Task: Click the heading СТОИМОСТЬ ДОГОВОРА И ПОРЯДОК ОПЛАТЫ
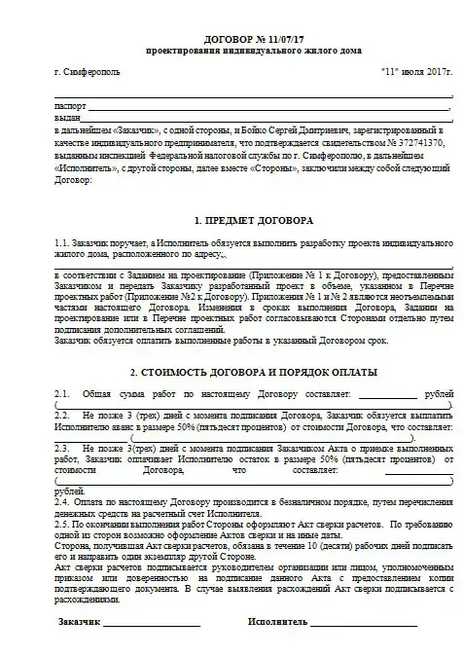pyautogui.click(x=242, y=373)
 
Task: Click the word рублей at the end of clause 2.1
pyautogui.click(x=436, y=392)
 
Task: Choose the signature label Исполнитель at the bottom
pyautogui.click(x=280, y=619)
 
